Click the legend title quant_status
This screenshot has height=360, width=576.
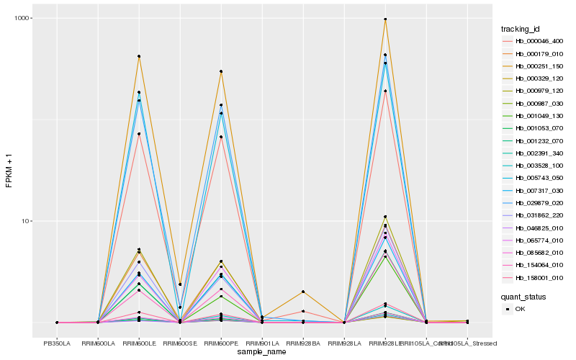pos(523,296)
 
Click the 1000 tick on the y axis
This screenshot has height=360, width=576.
pos(22,19)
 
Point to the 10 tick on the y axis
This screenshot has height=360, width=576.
pos(25,221)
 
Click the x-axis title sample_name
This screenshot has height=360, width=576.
pos(262,352)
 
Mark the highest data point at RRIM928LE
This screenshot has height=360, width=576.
pos(385,19)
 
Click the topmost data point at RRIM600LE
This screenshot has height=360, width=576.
pos(139,56)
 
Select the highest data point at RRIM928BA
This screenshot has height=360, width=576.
pos(303,292)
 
